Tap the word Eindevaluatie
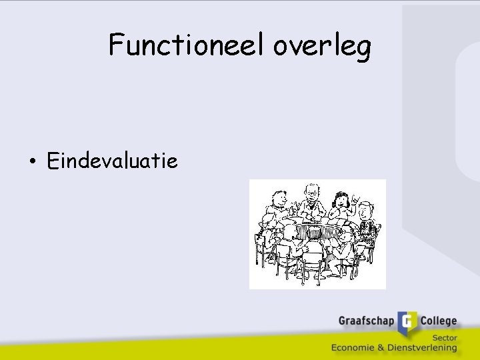[113, 161]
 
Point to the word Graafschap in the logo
[366, 321]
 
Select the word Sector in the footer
[443, 337]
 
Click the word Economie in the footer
[357, 347]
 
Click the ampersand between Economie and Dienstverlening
[384, 347]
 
